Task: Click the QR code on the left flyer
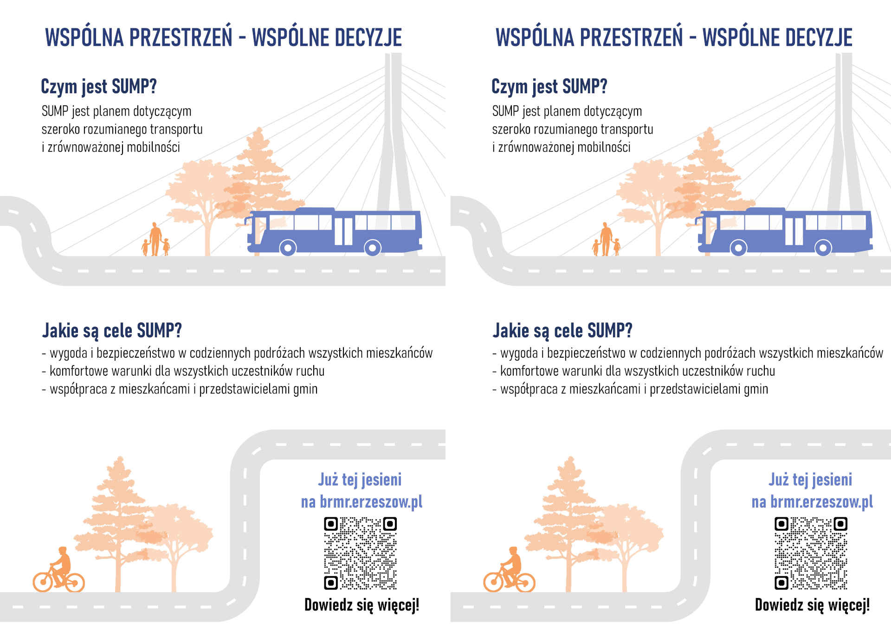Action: [360, 553]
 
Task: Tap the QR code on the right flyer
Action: [811, 553]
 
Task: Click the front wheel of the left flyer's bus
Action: [288, 248]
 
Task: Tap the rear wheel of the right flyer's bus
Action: [823, 248]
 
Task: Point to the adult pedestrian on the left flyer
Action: [155, 239]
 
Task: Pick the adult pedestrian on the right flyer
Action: [606, 239]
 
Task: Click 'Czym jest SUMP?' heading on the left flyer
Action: [99, 87]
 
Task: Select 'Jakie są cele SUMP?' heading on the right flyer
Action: [562, 331]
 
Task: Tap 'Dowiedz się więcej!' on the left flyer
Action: [362, 605]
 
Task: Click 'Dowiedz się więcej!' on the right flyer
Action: [813, 605]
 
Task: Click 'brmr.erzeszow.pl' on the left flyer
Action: [371, 501]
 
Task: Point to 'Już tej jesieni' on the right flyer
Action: [810, 479]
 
